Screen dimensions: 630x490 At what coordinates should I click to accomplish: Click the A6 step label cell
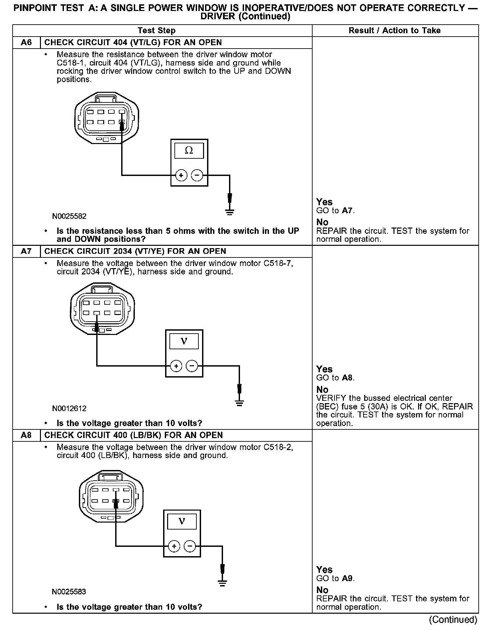click(26, 43)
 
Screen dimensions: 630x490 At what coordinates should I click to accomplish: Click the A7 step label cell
click(26, 251)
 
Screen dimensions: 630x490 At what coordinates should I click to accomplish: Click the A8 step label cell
click(26, 435)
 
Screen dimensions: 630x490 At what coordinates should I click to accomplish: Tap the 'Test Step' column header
click(156, 31)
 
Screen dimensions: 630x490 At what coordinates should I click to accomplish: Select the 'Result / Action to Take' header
click(394, 31)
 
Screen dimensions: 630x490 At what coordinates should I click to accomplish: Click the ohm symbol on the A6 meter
click(189, 151)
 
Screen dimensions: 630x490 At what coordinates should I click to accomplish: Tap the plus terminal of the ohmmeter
click(181, 175)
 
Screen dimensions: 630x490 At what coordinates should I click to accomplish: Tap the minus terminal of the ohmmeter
click(197, 175)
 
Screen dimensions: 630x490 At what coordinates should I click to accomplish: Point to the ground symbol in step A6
click(230, 212)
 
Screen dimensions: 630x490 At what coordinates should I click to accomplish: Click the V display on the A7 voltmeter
click(184, 341)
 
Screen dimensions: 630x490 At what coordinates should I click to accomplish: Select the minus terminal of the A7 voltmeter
click(192, 366)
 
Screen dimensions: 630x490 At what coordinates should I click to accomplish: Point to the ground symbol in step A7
click(239, 403)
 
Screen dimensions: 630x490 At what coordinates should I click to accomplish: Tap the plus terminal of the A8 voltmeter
click(174, 546)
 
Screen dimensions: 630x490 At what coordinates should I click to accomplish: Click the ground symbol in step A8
click(222, 583)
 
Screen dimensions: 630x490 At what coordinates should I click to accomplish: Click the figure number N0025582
click(69, 216)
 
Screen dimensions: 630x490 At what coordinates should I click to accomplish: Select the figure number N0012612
click(69, 408)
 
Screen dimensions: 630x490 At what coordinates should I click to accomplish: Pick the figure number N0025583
click(69, 592)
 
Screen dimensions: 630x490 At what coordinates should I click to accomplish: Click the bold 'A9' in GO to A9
click(347, 578)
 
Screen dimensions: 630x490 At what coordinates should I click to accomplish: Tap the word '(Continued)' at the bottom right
click(453, 619)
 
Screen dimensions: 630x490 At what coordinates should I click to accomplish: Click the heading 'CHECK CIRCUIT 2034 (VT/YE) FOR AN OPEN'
click(135, 251)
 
